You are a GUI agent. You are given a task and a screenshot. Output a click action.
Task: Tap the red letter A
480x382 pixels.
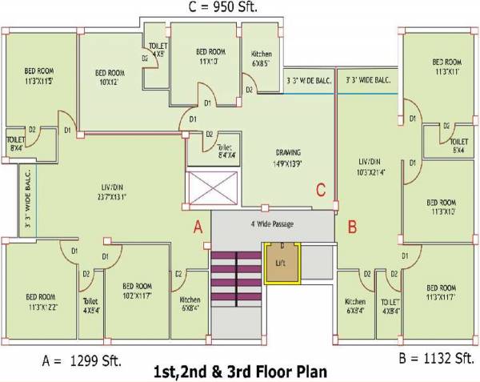coord(198,227)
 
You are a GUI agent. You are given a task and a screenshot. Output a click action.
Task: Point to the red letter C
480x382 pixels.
coord(320,190)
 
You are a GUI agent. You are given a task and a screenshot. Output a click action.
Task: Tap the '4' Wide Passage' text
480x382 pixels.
coord(272,224)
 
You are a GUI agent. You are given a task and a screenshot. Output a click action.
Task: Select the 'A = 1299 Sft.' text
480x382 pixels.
coord(82,361)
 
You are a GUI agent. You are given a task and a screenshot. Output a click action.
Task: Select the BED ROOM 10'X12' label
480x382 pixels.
coord(111,77)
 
